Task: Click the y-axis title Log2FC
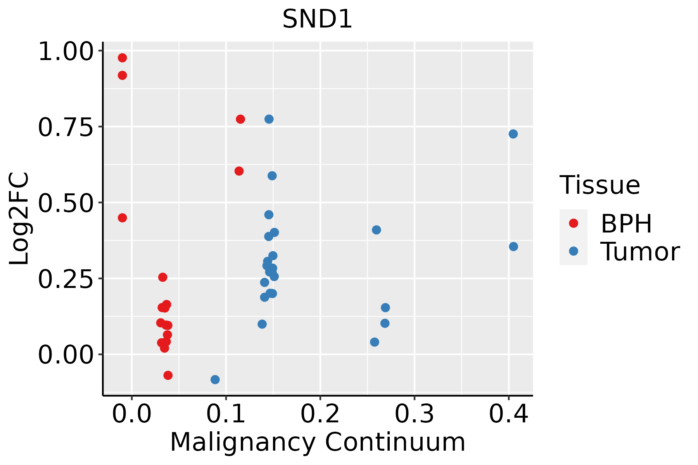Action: pos(19,219)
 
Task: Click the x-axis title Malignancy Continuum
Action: pos(317,443)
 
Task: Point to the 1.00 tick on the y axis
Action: pos(66,52)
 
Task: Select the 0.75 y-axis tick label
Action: pos(66,127)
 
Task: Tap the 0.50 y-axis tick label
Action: pos(66,203)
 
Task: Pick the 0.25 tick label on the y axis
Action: pos(66,279)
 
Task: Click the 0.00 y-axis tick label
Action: pos(66,355)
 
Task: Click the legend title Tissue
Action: pos(600,185)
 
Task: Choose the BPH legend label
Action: pos(626,224)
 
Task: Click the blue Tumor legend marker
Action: pos(573,251)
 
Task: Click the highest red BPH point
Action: pos(123,58)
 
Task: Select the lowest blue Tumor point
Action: pos(215,379)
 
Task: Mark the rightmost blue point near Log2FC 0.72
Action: pos(513,134)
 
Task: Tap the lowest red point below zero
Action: pos(168,375)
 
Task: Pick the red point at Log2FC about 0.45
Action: pos(123,218)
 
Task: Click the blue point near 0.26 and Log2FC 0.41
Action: pos(376,230)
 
